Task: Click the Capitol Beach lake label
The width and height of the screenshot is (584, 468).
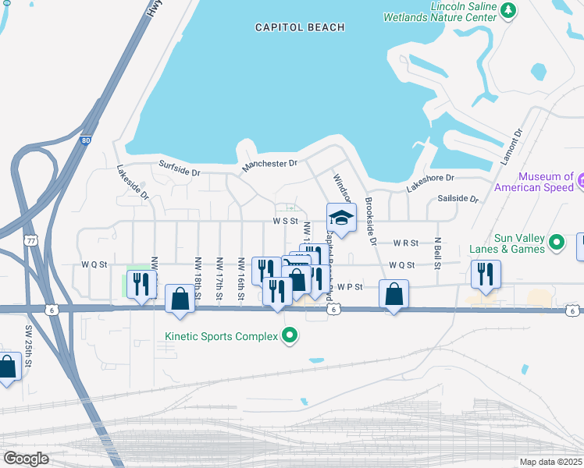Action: [300, 27]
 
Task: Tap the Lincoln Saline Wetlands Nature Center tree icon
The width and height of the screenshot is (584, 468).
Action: [508, 10]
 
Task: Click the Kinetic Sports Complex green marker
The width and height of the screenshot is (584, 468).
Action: [290, 337]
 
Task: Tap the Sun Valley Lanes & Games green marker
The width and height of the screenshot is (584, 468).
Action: [557, 243]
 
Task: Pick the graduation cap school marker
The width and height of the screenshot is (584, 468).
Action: [341, 218]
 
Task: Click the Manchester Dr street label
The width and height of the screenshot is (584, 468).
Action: [269, 165]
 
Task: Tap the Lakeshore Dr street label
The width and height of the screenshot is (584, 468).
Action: [429, 183]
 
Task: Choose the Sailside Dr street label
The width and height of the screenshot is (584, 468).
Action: [458, 199]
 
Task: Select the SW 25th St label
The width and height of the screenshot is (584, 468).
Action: [27, 352]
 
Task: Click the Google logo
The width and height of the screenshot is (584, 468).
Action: [26, 458]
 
